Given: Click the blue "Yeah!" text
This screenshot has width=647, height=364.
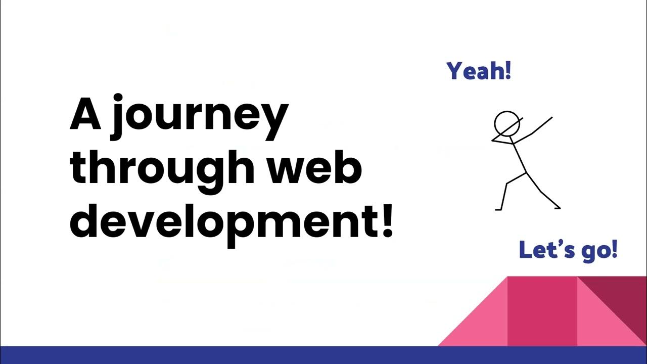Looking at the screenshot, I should click(479, 71).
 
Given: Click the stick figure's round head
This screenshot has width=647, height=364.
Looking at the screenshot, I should click(505, 123).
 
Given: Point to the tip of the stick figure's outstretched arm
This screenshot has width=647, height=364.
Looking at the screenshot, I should click(551, 118).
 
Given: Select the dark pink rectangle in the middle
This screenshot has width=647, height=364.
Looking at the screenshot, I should click(542, 311).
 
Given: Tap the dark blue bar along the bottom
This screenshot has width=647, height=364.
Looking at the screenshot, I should click(323, 355).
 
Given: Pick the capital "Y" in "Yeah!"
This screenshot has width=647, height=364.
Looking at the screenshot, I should click(454, 71).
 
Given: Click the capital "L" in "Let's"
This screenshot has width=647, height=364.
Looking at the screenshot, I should click(525, 250).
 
